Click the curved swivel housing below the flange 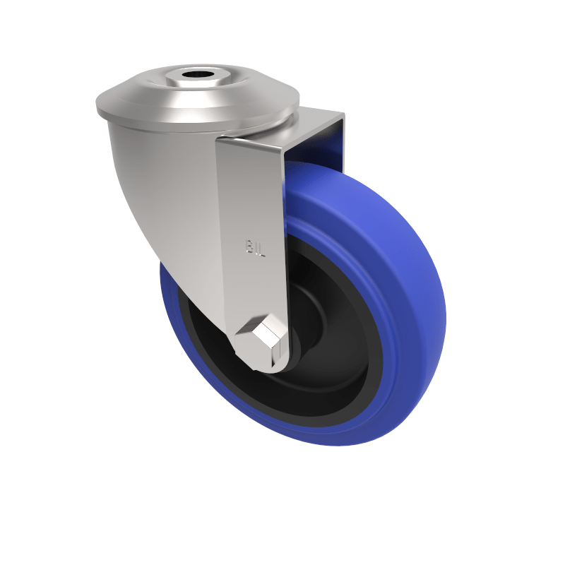(155, 177)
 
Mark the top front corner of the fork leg (219, 141)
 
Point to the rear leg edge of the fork (342, 141)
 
